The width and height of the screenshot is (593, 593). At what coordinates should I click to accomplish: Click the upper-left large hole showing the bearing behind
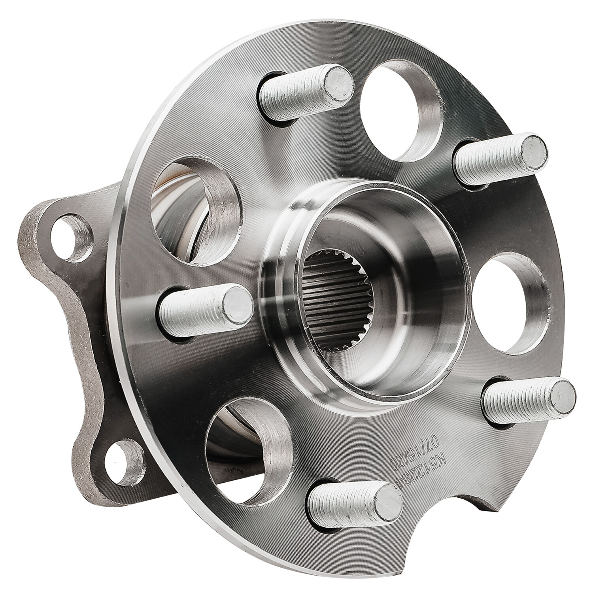(194, 210)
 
